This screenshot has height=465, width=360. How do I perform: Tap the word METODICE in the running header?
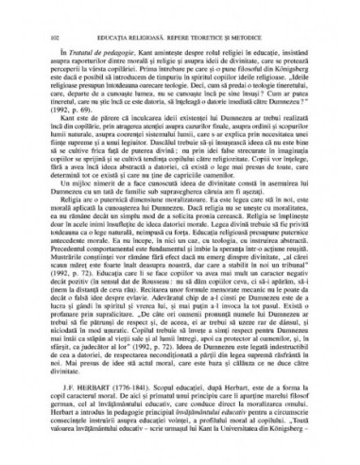tap(258, 11)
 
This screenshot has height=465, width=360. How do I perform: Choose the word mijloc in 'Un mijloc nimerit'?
tap(75, 184)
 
